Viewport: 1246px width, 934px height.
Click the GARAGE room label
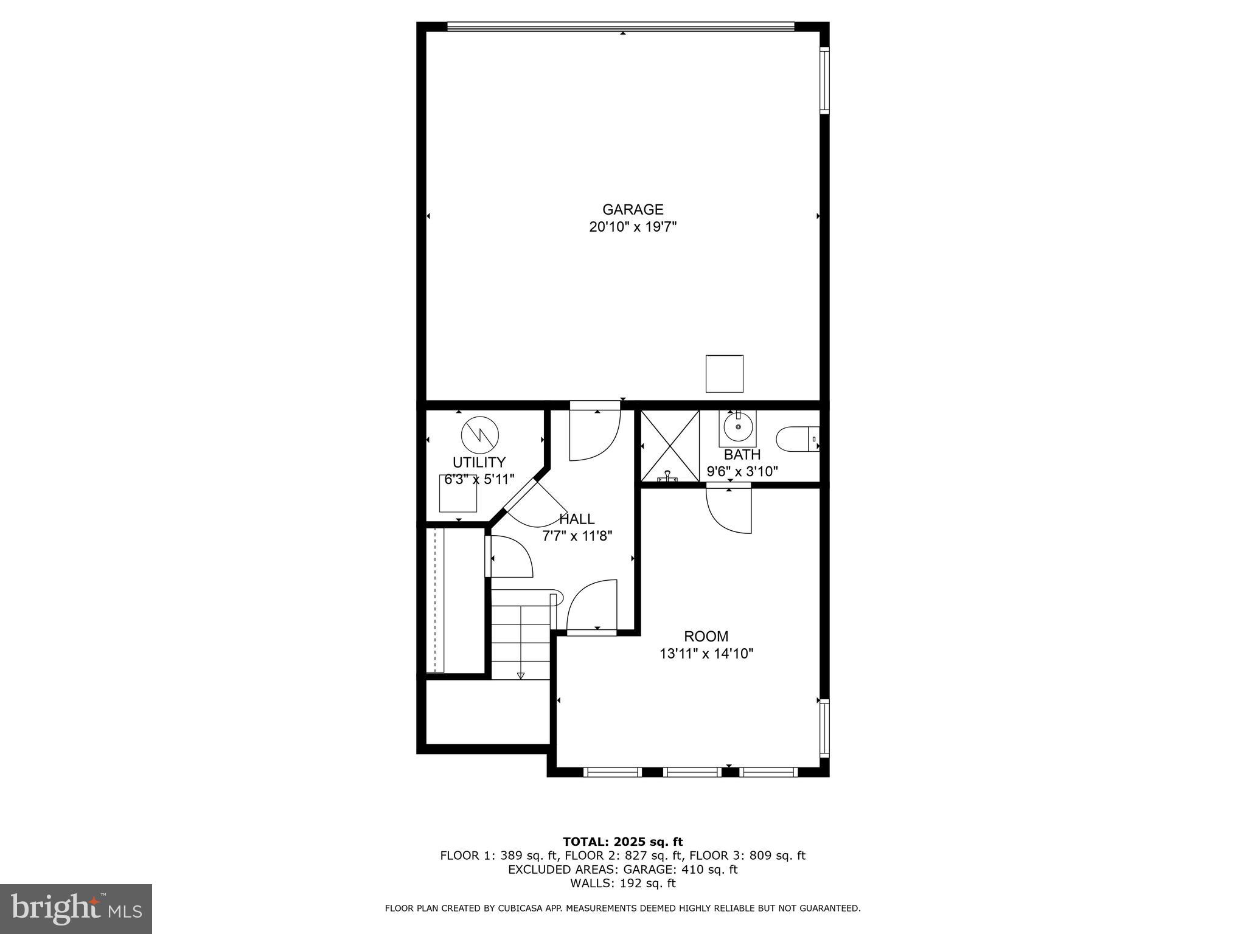pyautogui.click(x=632, y=210)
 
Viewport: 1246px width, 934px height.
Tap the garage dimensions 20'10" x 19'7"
pyautogui.click(x=633, y=227)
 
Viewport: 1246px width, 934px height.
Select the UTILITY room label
pyautogui.click(x=479, y=462)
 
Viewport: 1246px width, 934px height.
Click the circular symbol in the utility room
pyautogui.click(x=480, y=434)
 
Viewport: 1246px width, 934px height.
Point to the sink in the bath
pyautogui.click(x=738, y=427)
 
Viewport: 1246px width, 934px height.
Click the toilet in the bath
pyautogui.click(x=796, y=439)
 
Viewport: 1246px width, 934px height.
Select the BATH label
pyautogui.click(x=742, y=454)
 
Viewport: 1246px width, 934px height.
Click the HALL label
pyautogui.click(x=577, y=519)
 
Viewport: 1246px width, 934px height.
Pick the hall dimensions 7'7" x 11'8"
pyautogui.click(x=577, y=536)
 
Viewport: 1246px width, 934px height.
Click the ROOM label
pyautogui.click(x=706, y=637)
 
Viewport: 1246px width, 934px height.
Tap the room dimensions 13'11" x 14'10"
pyautogui.click(x=706, y=654)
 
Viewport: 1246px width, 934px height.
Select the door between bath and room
pyautogui.click(x=729, y=508)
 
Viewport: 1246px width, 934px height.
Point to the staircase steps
pyautogui.click(x=521, y=638)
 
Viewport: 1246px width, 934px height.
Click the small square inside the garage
pyautogui.click(x=724, y=373)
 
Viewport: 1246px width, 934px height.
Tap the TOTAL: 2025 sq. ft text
pyautogui.click(x=622, y=842)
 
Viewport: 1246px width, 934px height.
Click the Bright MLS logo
pyautogui.click(x=76, y=908)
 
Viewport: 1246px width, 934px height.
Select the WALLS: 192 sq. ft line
pyautogui.click(x=622, y=884)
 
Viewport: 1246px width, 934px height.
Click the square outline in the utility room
pyautogui.click(x=458, y=493)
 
